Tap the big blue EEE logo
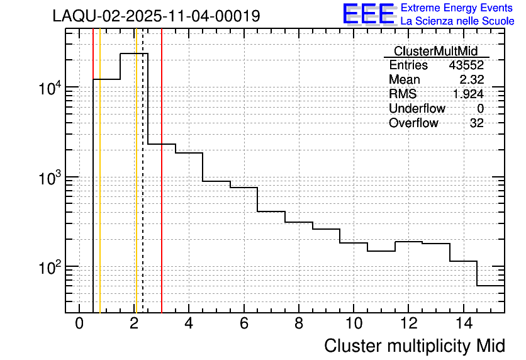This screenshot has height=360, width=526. point(368,14)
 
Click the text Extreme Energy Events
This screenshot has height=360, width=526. point(457,8)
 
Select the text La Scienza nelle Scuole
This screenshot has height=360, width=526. point(457,21)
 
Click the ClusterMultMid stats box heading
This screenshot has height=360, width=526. point(435,51)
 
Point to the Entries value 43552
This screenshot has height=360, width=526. point(466,65)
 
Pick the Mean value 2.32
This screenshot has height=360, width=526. point(471,80)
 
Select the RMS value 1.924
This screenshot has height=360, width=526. point(468,94)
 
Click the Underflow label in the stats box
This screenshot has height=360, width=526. point(417,109)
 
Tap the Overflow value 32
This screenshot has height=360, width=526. point(477,123)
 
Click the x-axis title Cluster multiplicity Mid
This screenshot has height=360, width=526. point(414,346)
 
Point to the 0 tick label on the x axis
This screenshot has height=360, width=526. point(79,323)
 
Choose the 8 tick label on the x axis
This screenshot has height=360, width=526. point(299,323)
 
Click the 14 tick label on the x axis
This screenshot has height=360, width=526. point(463,323)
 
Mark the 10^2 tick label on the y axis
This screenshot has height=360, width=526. point(47,267)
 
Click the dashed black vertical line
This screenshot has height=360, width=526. point(143,189)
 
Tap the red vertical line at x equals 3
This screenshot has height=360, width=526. point(162,189)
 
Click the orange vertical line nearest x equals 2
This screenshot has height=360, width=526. point(135,189)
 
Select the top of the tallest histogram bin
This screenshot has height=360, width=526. point(134,53)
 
